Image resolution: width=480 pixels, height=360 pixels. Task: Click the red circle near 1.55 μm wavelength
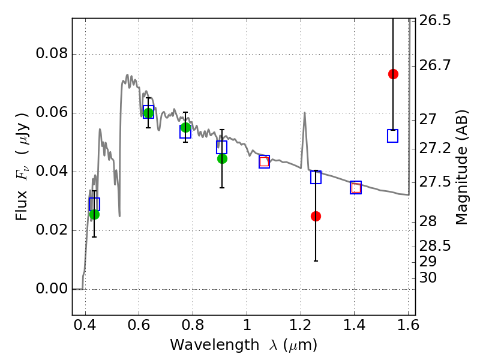click(393, 74)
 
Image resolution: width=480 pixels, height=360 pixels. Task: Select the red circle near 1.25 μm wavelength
click(316, 217)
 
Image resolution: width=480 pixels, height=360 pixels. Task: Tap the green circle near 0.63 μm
click(148, 113)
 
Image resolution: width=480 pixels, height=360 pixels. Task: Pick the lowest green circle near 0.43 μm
click(94, 215)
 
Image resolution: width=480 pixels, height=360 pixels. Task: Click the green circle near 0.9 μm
click(222, 158)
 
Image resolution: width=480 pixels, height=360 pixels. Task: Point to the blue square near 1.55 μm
click(392, 136)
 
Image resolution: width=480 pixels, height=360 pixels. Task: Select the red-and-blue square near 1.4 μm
click(356, 188)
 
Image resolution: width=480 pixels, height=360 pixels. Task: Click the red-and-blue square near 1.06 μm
click(264, 161)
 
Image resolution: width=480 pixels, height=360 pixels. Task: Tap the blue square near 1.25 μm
click(316, 177)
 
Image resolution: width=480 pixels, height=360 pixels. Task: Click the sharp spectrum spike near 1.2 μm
click(305, 113)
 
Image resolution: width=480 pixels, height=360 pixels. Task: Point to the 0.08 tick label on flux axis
click(52, 53)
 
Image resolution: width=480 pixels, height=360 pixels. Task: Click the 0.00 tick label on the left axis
click(52, 289)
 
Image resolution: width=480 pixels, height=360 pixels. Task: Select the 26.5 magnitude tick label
click(434, 20)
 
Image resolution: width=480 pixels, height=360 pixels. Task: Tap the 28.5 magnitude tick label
click(434, 246)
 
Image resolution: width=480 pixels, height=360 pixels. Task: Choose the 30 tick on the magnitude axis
click(428, 278)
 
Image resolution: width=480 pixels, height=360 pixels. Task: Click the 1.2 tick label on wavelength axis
click(301, 325)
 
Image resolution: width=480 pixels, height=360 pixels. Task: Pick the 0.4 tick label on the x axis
click(85, 325)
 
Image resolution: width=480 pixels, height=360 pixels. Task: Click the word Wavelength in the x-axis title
click(215, 345)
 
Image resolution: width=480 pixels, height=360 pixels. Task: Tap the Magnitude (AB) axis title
click(461, 167)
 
